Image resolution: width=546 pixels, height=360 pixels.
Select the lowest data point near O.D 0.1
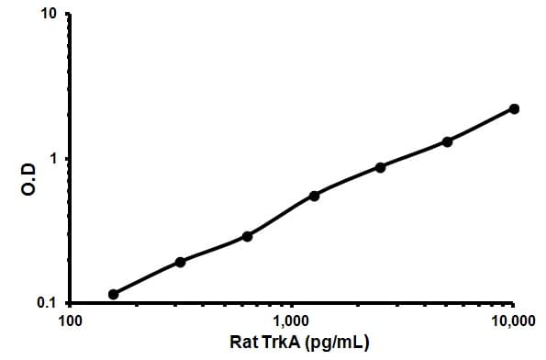point(114,294)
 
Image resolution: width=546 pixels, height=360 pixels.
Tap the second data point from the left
point(180,262)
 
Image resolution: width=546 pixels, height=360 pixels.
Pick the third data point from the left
point(247,236)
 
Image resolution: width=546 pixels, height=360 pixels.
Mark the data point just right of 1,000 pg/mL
point(314,196)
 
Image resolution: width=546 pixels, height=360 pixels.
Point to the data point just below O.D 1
point(380,167)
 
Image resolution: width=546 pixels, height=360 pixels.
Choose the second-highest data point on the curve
point(447,141)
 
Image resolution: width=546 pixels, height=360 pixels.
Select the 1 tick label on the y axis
point(53,159)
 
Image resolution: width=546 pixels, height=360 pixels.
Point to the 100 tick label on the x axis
point(70,321)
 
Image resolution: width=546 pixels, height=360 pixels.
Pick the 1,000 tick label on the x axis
point(291,321)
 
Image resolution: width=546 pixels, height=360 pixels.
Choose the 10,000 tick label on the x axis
point(511,321)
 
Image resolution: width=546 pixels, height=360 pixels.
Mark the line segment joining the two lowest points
point(147,278)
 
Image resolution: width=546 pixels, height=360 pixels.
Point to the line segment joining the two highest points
point(481,125)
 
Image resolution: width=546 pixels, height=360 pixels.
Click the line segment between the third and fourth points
point(280,216)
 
